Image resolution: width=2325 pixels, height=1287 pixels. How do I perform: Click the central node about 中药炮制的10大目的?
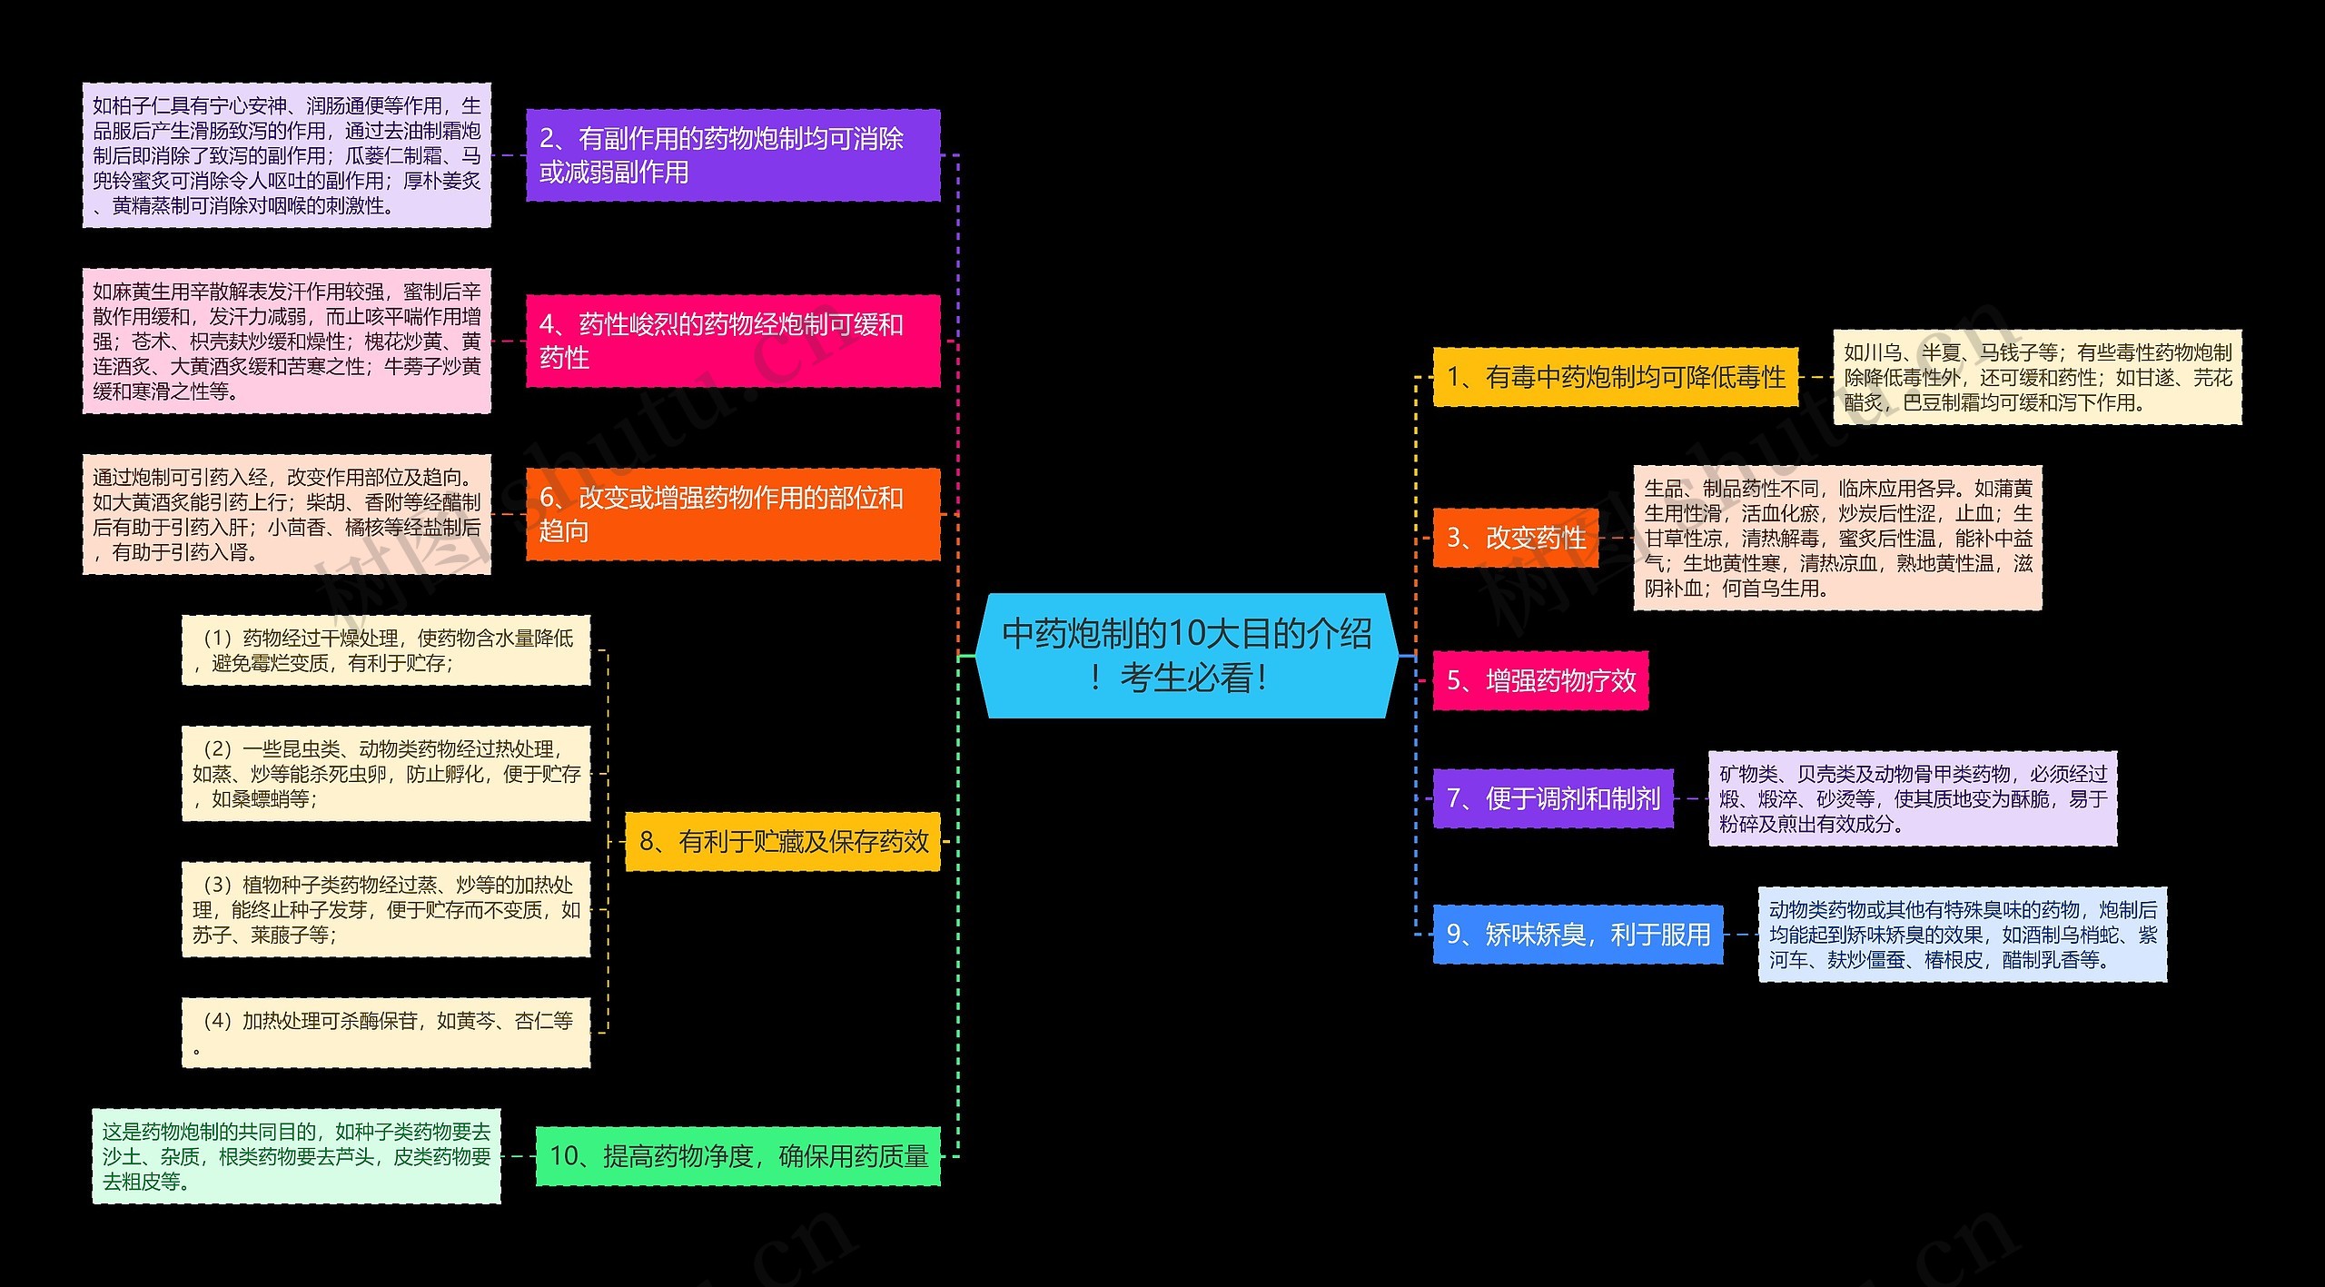pyautogui.click(x=1187, y=656)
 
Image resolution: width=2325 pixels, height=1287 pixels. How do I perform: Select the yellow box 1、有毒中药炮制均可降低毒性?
pyautogui.click(x=1616, y=377)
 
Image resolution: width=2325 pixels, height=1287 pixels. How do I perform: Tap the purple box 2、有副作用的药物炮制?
pyautogui.click(x=733, y=155)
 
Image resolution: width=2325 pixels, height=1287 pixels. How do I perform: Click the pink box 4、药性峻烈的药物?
pyautogui.click(x=733, y=341)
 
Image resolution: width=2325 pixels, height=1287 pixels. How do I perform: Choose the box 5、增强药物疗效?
pyautogui.click(x=1540, y=680)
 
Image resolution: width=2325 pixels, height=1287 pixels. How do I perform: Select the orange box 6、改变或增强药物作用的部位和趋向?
pyautogui.click(x=733, y=514)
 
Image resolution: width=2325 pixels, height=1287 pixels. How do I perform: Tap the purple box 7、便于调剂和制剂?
pyautogui.click(x=1553, y=798)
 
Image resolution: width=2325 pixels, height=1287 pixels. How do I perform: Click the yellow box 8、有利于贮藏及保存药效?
pyautogui.click(x=783, y=842)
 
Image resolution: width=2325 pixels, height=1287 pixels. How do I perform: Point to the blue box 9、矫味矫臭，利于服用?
pyautogui.click(x=1578, y=935)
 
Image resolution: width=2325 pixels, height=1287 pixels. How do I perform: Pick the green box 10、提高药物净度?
pyautogui.click(x=737, y=1156)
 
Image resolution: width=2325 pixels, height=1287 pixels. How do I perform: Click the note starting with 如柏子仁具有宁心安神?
pyautogui.click(x=287, y=155)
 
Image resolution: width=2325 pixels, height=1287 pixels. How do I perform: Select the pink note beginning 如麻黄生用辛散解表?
pyautogui.click(x=287, y=341)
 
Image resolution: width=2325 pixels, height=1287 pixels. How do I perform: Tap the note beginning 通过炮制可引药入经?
pyautogui.click(x=287, y=514)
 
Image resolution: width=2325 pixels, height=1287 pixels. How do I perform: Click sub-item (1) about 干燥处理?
pyautogui.click(x=386, y=650)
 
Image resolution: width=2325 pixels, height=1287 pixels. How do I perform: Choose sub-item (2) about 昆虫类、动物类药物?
pyautogui.click(x=386, y=774)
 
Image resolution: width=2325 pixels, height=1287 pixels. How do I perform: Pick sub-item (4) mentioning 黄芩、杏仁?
pyautogui.click(x=386, y=1033)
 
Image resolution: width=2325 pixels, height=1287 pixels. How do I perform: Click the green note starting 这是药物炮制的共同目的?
pyautogui.click(x=296, y=1156)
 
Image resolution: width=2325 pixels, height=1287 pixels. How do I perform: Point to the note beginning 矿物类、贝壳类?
pyautogui.click(x=1913, y=798)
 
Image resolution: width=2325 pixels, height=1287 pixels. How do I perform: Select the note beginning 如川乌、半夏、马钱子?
pyautogui.click(x=2037, y=377)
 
